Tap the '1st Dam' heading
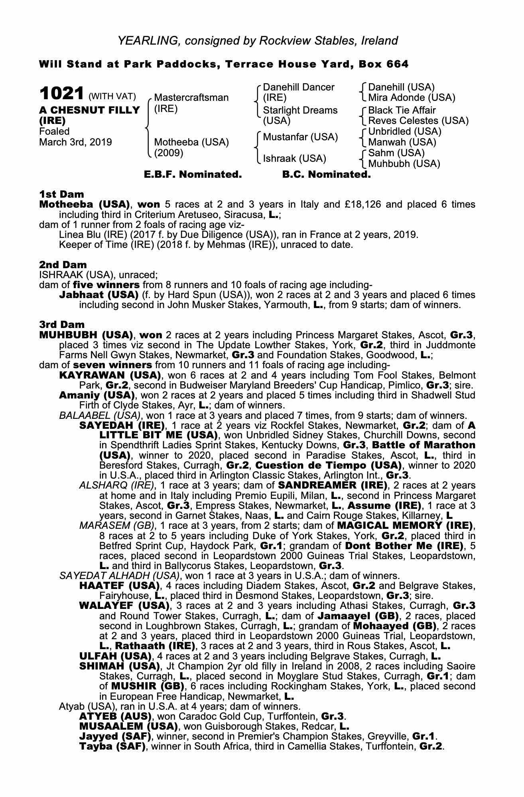pos(61,194)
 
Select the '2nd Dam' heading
pos(63,265)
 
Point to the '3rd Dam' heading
pos(62,324)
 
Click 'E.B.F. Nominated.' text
pos(193,175)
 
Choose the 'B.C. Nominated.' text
pos(326,175)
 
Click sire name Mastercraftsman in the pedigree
pos(191,98)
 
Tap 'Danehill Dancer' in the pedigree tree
pos(299,87)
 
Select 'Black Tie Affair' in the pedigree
pos(402,110)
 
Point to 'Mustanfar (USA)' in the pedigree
pos(300,137)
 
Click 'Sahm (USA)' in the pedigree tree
pos(396,153)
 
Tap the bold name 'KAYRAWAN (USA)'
pos(110,375)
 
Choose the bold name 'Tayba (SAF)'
pos(112,746)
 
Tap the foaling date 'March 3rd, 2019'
pos(75,142)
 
